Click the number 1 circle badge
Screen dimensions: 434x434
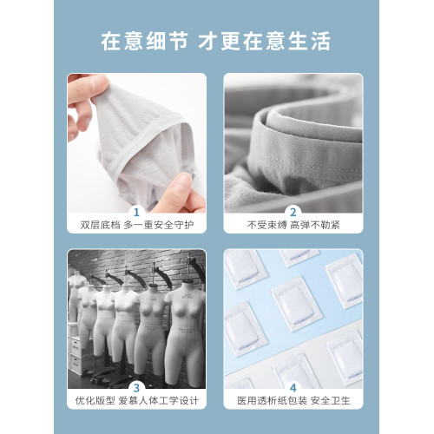point(137,211)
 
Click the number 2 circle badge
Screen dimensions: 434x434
point(293,211)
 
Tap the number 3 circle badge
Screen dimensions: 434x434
point(137,387)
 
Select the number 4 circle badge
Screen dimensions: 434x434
point(293,387)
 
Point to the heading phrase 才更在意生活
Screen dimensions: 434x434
point(270,41)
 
